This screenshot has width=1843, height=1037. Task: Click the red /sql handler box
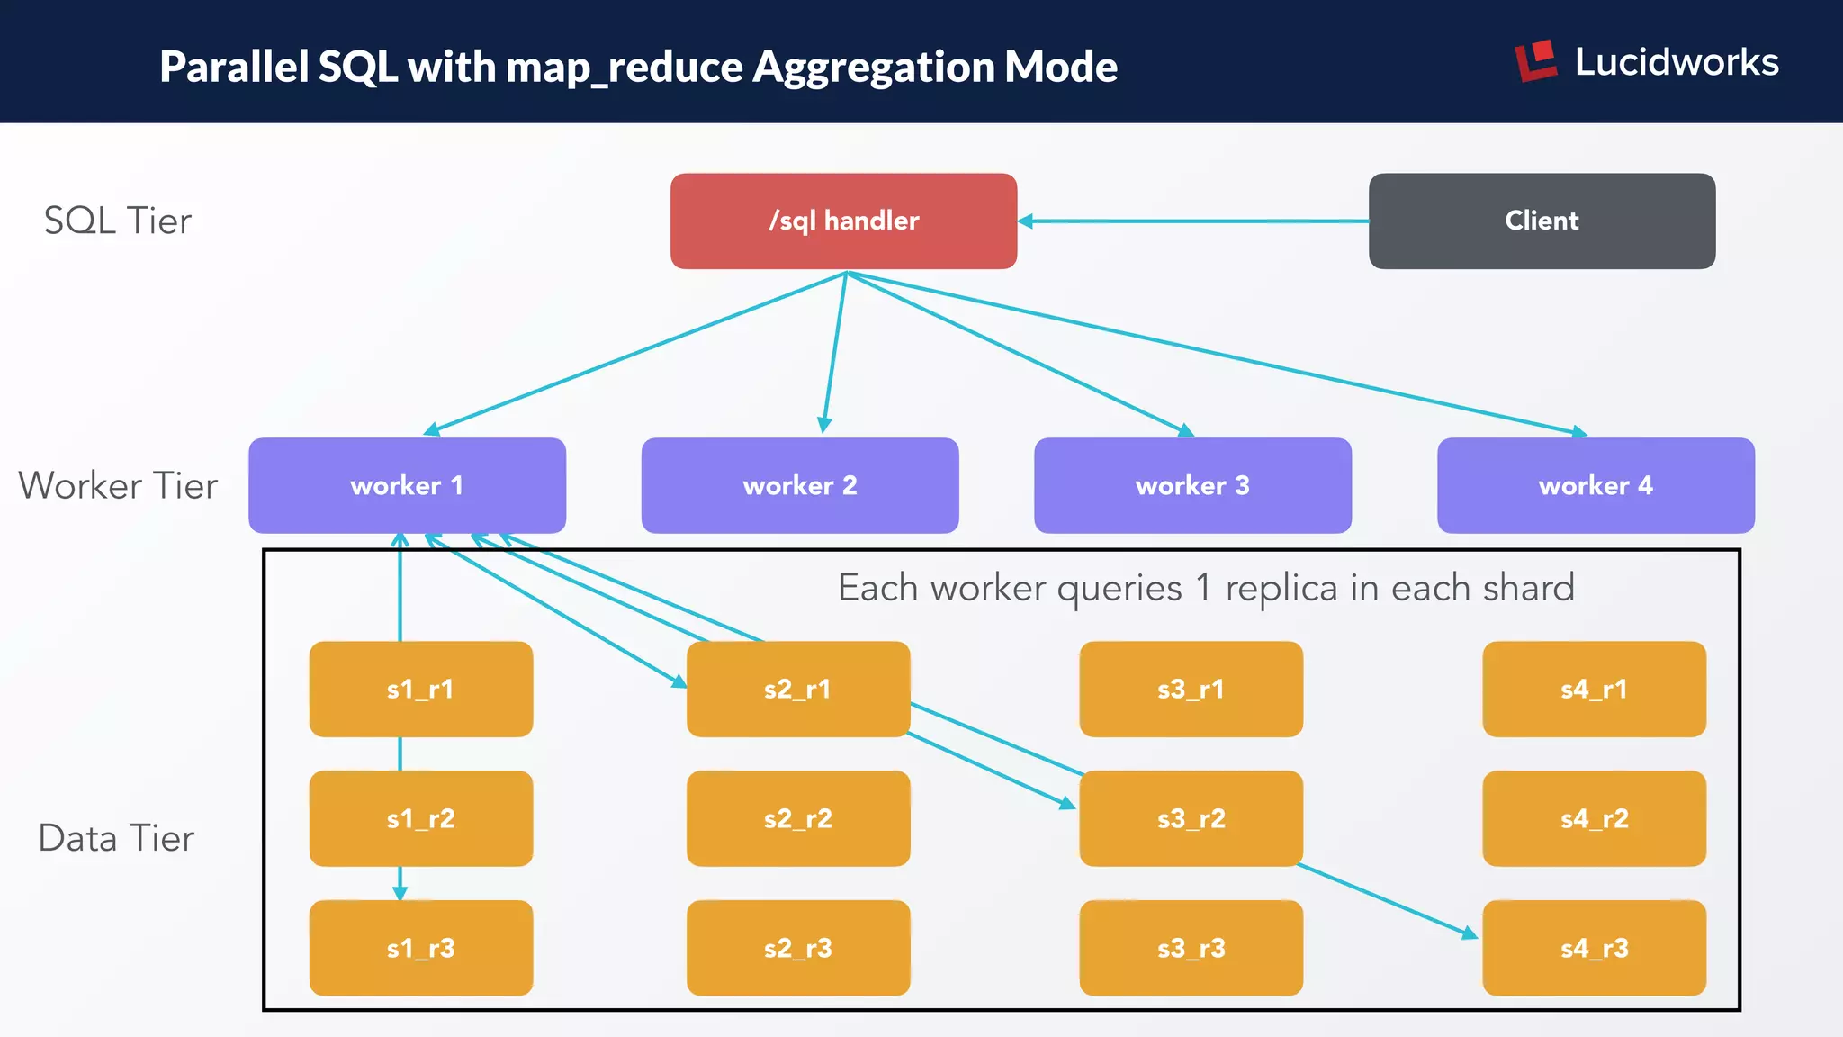[843, 221]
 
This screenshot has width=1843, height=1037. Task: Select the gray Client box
[1542, 221]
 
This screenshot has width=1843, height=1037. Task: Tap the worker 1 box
[407, 485]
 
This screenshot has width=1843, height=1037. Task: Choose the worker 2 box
[799, 485]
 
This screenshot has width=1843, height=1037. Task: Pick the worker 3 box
[1192, 485]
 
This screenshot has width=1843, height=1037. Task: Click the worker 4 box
[1596, 485]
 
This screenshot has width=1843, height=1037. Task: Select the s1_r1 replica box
[420, 690]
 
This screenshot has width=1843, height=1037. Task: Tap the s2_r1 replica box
[797, 690]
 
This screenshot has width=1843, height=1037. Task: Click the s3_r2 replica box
[1191, 819]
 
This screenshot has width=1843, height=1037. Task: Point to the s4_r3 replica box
[1594, 948]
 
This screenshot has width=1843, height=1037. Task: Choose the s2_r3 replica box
[797, 948]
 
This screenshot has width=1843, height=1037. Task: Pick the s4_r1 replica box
[1594, 690]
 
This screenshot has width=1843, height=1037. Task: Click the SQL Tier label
[117, 221]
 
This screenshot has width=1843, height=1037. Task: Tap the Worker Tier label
[117, 485]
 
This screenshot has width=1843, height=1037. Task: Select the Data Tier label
[116, 838]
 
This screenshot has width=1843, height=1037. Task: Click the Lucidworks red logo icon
[1535, 61]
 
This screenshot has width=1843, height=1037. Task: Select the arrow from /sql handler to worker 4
[1215, 354]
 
